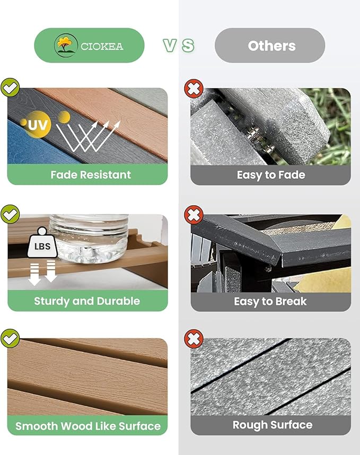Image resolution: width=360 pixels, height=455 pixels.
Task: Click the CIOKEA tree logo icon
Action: [x=66, y=45]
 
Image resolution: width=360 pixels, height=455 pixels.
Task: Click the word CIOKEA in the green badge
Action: [x=102, y=47]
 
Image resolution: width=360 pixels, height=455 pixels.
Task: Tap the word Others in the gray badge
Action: [x=272, y=46]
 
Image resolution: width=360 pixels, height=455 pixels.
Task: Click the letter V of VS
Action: [x=170, y=46]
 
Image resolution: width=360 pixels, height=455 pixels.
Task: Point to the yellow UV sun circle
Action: [x=38, y=125]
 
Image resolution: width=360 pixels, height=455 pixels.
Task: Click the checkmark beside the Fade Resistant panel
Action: [x=10, y=87]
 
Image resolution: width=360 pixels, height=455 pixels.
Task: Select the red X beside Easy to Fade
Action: [x=194, y=88]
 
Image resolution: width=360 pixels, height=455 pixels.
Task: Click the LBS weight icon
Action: [x=42, y=242]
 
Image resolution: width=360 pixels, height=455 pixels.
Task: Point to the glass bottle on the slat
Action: [x=89, y=239]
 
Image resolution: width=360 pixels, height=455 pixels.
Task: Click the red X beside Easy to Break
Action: [x=194, y=215]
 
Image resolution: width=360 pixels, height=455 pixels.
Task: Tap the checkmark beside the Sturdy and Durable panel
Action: [x=10, y=214]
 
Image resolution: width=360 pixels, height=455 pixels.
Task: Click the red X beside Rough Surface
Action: [x=194, y=338]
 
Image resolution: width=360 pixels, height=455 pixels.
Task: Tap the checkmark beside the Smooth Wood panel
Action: [x=10, y=338]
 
